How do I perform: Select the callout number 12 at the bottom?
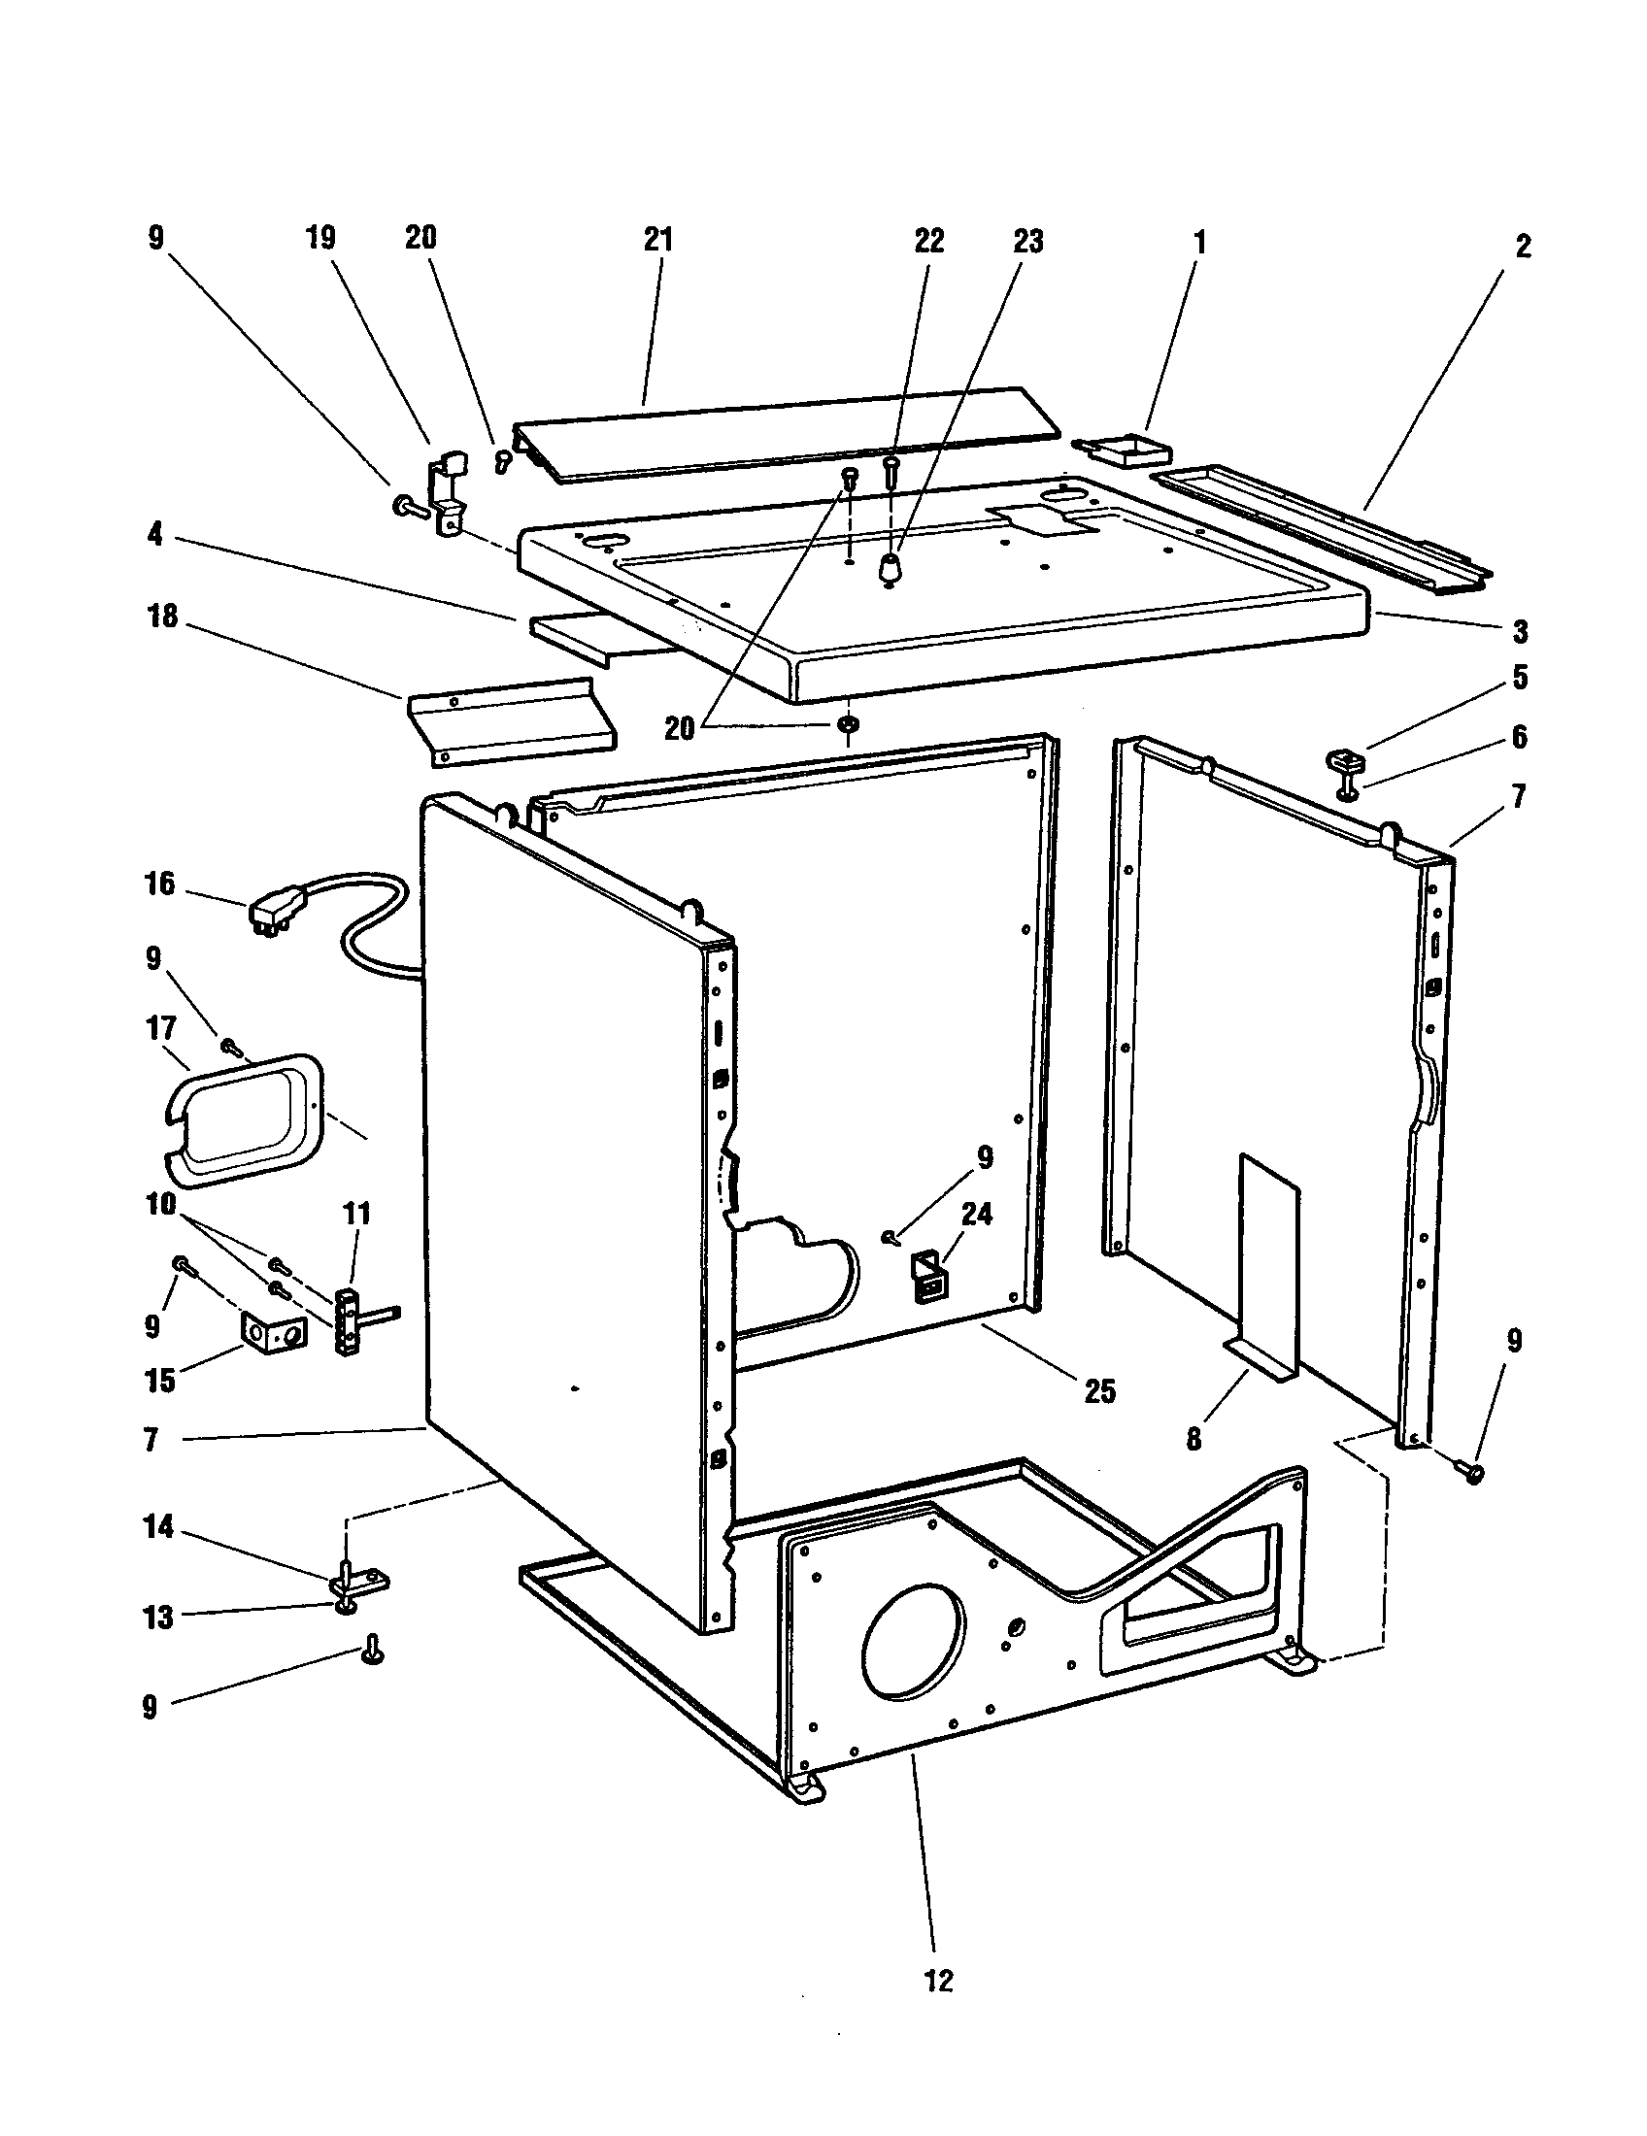click(x=937, y=1982)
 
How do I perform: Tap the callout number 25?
click(x=1100, y=1390)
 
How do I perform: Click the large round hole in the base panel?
click(x=913, y=1650)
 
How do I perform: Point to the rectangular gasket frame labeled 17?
click(x=242, y=1119)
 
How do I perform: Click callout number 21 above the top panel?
click(x=658, y=240)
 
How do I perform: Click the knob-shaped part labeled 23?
click(x=889, y=568)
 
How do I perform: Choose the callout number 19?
click(x=320, y=238)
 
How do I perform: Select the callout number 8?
click(x=1193, y=1440)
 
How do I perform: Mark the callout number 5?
click(x=1519, y=678)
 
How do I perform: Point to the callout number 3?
click(x=1520, y=631)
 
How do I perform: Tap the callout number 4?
click(x=154, y=536)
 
